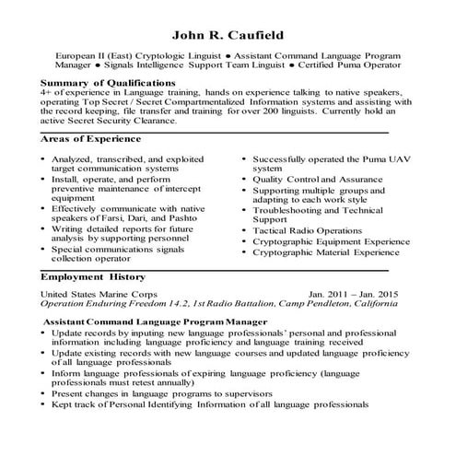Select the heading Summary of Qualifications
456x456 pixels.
[108, 83]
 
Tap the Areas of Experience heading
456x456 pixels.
[91, 139]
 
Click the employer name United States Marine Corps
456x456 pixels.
[99, 294]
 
